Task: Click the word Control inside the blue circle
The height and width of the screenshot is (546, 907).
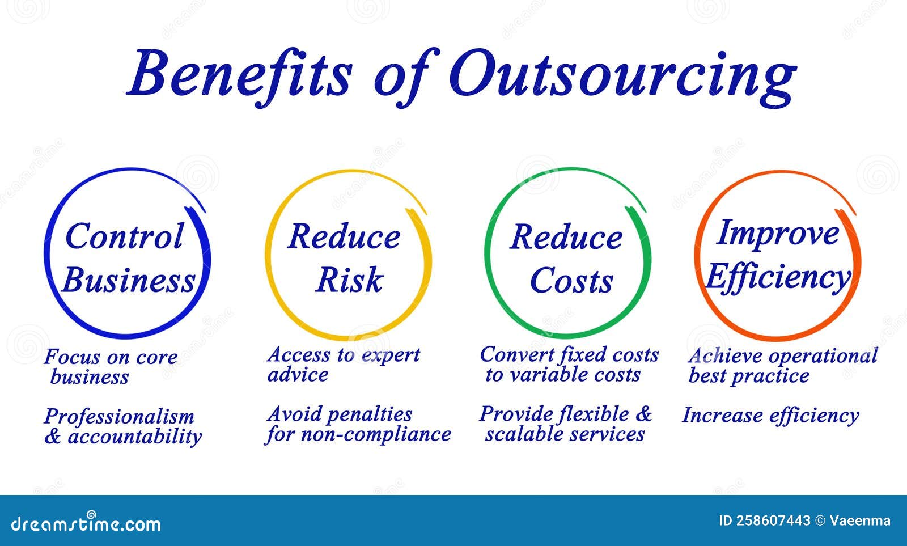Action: [125, 236]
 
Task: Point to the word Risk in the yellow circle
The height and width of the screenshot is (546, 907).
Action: [349, 280]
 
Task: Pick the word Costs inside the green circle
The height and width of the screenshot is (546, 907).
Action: [571, 281]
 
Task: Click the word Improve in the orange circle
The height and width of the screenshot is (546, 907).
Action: [777, 233]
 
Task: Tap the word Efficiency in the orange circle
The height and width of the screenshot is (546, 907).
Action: [778, 277]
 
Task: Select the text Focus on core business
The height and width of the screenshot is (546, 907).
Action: [111, 367]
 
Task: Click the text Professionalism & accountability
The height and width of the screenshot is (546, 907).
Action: [122, 426]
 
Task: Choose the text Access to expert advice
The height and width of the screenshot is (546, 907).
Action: [343, 365]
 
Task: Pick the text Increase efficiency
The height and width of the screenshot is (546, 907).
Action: [770, 416]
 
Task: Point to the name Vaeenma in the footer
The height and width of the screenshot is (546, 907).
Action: [860, 520]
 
